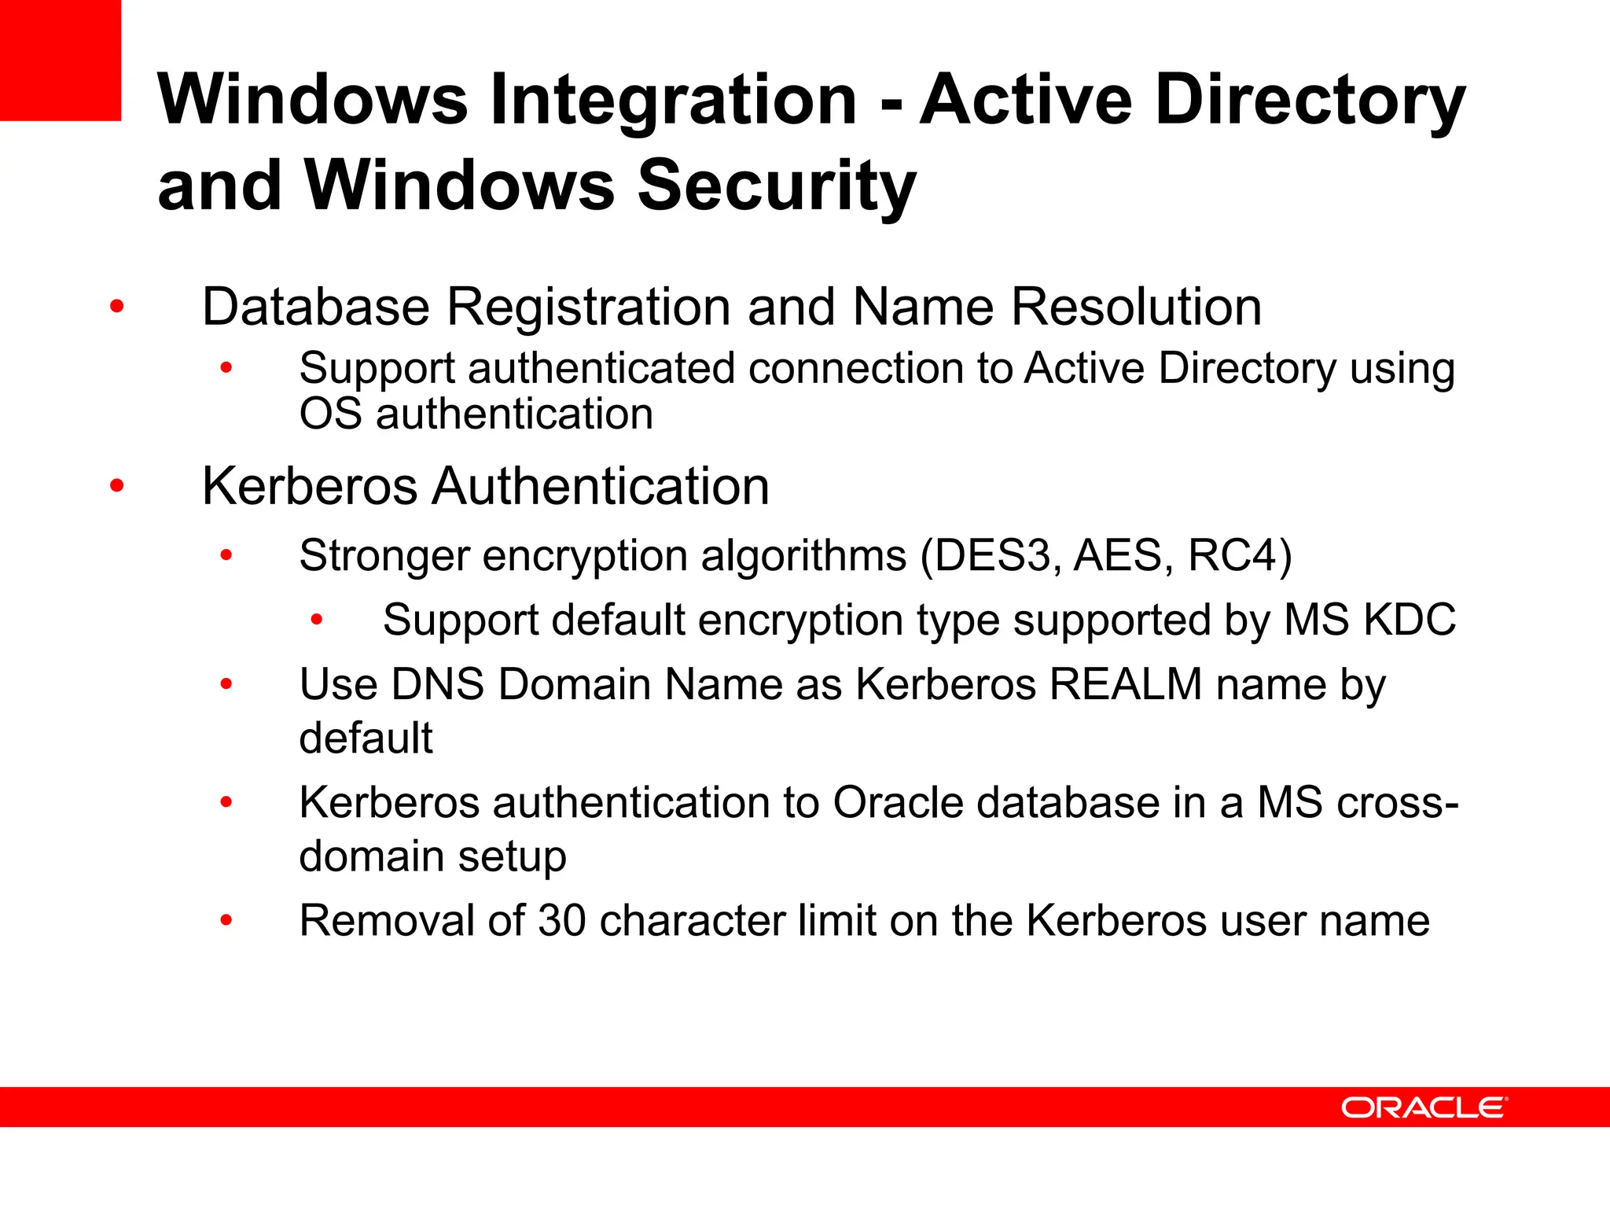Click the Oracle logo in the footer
click(x=1424, y=1107)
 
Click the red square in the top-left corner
click(x=60, y=60)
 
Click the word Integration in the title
click(x=673, y=100)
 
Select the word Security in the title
click(x=777, y=186)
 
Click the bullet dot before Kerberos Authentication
click(x=117, y=486)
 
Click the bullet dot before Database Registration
click(x=117, y=307)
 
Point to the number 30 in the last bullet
click(x=561, y=920)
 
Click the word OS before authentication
click(x=330, y=414)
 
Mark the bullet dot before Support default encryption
click(x=317, y=621)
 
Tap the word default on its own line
click(x=366, y=738)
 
